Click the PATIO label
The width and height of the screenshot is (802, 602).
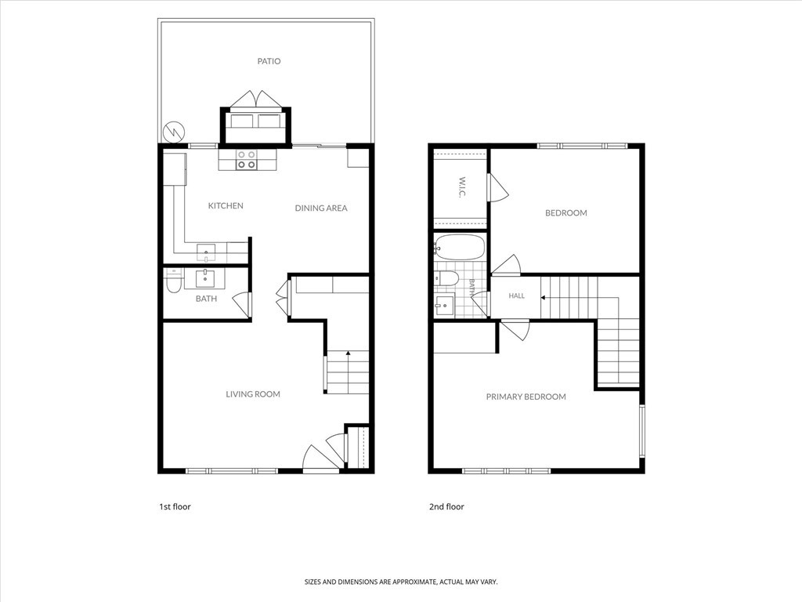pos(269,61)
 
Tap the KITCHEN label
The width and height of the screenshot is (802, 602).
pos(226,206)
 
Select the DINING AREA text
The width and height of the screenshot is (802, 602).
pos(321,208)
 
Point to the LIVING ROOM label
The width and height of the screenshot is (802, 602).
pos(253,394)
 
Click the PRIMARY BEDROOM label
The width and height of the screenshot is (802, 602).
pos(526,397)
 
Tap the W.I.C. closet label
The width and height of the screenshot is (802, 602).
pos(462,188)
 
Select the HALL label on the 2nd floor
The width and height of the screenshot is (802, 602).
pos(517,296)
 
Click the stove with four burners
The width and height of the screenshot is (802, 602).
pos(246,160)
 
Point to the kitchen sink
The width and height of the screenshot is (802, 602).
pos(206,252)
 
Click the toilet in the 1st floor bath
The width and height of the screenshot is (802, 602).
pos(173,282)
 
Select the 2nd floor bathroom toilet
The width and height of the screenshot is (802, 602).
pos(446,279)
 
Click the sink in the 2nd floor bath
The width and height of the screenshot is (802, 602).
pos(445,305)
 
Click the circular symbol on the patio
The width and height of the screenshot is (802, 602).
pos(173,132)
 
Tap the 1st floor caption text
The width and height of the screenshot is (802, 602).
pos(175,507)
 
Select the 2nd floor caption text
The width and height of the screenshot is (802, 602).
pos(446,507)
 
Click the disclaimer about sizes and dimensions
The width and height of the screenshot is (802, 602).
pos(401,582)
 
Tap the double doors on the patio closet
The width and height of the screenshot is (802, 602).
pos(256,100)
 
